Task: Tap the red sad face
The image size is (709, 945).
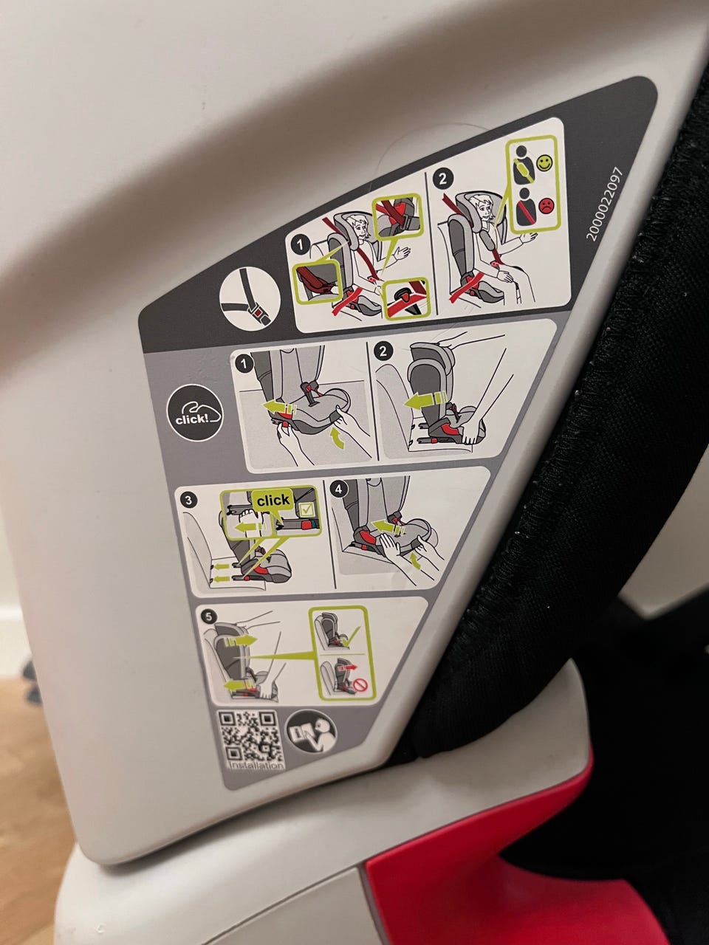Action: [547, 204]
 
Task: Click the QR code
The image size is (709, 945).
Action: [251, 737]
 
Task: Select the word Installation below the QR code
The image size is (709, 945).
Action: [257, 765]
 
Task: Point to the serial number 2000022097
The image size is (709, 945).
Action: [605, 204]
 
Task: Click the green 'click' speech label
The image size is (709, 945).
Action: [273, 501]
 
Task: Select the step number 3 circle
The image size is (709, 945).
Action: [188, 500]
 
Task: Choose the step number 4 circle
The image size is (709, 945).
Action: [339, 489]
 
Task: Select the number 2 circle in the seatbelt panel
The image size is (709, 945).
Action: [443, 178]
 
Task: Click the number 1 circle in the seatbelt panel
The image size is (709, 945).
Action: [301, 245]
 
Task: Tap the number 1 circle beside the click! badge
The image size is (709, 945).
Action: [244, 364]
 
